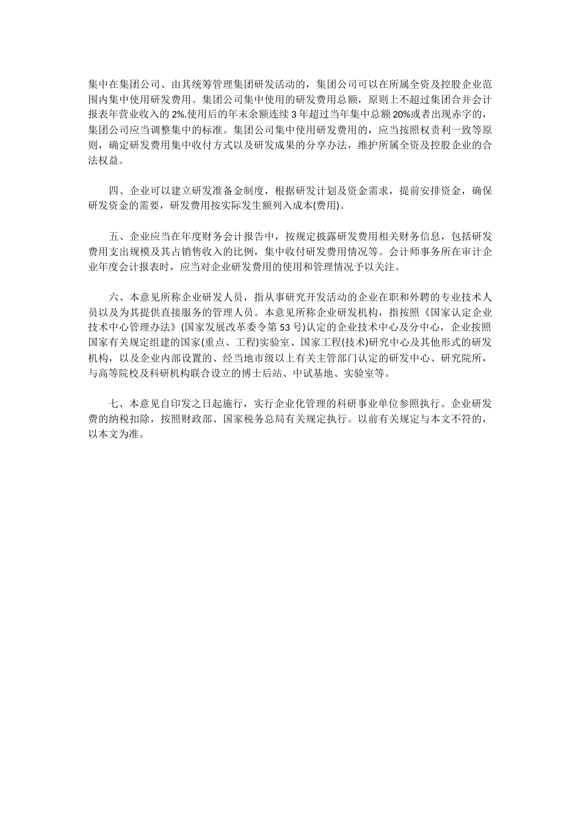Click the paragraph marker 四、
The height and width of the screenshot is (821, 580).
point(119,191)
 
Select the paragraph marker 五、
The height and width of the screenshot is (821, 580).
point(119,236)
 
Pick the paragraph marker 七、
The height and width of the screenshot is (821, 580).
point(119,403)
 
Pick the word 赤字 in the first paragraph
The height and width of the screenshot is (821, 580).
point(463,114)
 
